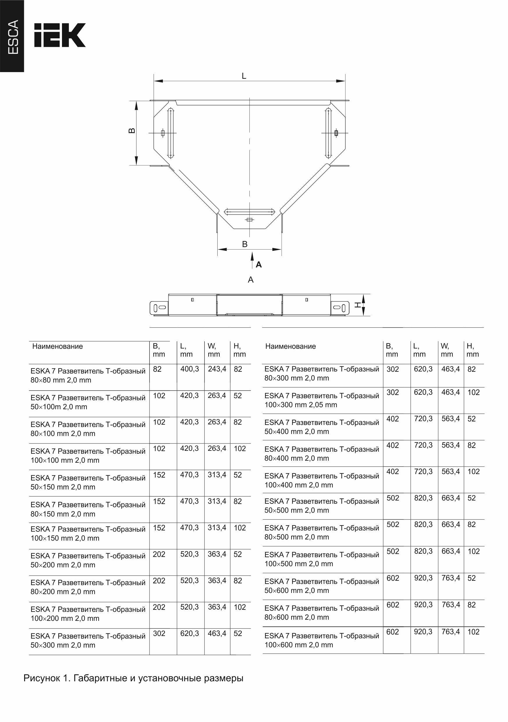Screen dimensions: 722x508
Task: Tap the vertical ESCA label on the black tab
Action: pos(13,37)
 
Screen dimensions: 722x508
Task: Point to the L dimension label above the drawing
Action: pos(244,76)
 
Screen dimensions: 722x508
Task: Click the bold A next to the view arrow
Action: pos(259,265)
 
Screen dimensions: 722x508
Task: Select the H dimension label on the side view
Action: pos(358,304)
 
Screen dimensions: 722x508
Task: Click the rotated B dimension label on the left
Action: pos(132,131)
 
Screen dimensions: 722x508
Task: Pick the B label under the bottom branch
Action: pos(245,244)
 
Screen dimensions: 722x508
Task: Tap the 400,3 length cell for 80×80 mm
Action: pos(189,369)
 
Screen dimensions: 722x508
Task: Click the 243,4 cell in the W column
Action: pos(217,369)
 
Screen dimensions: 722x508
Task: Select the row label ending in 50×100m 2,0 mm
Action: pos(88,402)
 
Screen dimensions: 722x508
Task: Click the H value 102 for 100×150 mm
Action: pos(240,528)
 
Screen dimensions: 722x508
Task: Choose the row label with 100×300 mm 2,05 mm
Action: pos(322,400)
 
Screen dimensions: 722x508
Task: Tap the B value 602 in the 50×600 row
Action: pos(392,578)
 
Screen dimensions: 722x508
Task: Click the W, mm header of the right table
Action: pos(447,350)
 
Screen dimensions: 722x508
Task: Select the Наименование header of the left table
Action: pos(58,346)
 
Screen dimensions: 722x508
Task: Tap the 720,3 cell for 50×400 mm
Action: pos(423,419)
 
